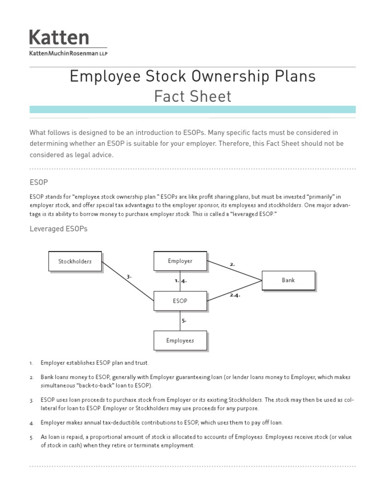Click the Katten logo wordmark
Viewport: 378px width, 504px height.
point(59,37)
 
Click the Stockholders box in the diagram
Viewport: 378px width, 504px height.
point(75,261)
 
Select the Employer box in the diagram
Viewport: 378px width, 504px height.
point(180,261)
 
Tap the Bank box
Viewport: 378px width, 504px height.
point(288,280)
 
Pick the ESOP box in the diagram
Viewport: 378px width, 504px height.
point(180,301)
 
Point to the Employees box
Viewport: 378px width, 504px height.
point(180,340)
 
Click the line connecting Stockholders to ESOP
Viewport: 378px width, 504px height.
point(128,281)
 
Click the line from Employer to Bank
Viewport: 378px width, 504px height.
point(234,271)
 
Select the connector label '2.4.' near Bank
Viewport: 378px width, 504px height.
point(235,295)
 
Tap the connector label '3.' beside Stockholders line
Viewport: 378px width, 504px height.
point(129,277)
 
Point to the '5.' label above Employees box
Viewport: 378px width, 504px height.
point(184,320)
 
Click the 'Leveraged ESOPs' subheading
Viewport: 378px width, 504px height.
point(58,229)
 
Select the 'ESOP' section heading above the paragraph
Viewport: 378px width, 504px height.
point(38,182)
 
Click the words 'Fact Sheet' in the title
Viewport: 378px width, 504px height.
point(192,96)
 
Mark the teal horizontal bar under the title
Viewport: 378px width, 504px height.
point(192,109)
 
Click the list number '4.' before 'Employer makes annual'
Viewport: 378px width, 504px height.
point(31,423)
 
